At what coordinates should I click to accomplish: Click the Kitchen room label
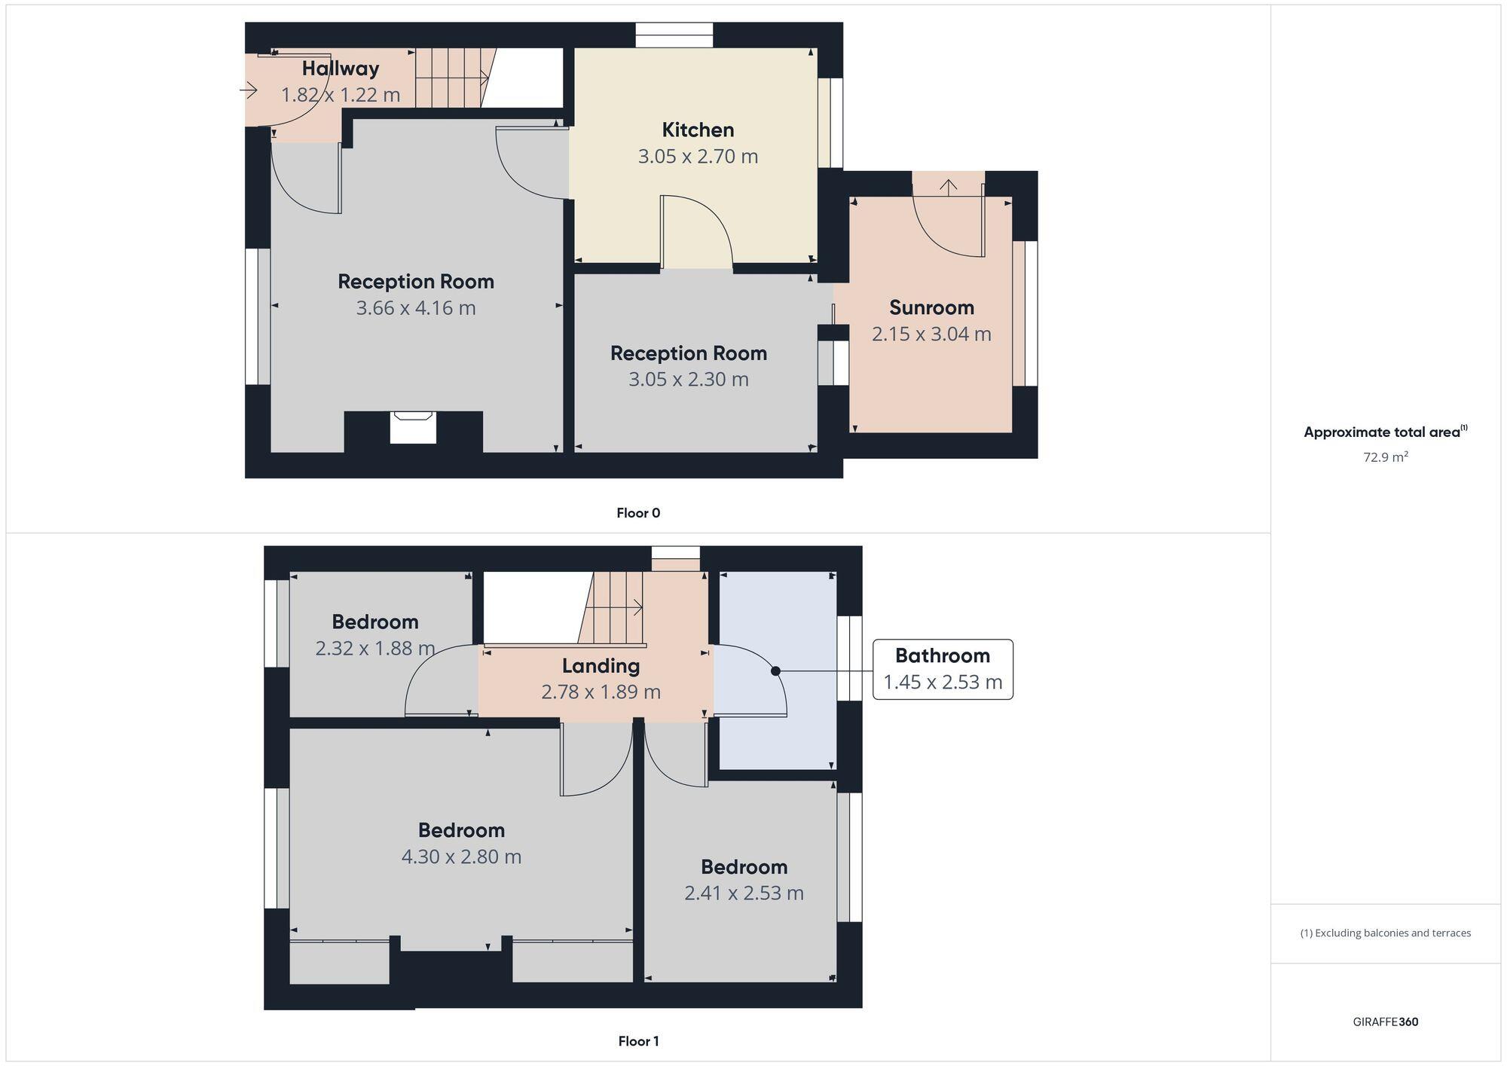[698, 130]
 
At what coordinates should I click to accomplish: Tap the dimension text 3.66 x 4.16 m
[416, 307]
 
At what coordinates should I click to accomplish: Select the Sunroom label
[931, 307]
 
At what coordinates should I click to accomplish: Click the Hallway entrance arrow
[249, 90]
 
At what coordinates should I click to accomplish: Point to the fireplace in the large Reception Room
[413, 426]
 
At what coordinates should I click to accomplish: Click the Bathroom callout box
[943, 669]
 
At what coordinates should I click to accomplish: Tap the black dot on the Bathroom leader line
[775, 670]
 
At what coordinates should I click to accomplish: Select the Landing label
[601, 665]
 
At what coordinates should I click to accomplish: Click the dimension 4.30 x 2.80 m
[461, 857]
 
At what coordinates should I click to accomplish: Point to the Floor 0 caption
[638, 513]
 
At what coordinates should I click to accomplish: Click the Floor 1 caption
[638, 1041]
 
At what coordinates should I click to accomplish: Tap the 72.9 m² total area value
[1385, 457]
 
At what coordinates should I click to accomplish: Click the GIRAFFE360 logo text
[1385, 1022]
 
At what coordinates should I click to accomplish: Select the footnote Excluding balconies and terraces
[1385, 933]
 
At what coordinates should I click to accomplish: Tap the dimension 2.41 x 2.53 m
[744, 893]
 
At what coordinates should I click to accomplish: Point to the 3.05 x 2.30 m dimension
[689, 379]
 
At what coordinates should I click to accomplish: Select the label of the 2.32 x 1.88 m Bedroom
[374, 622]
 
